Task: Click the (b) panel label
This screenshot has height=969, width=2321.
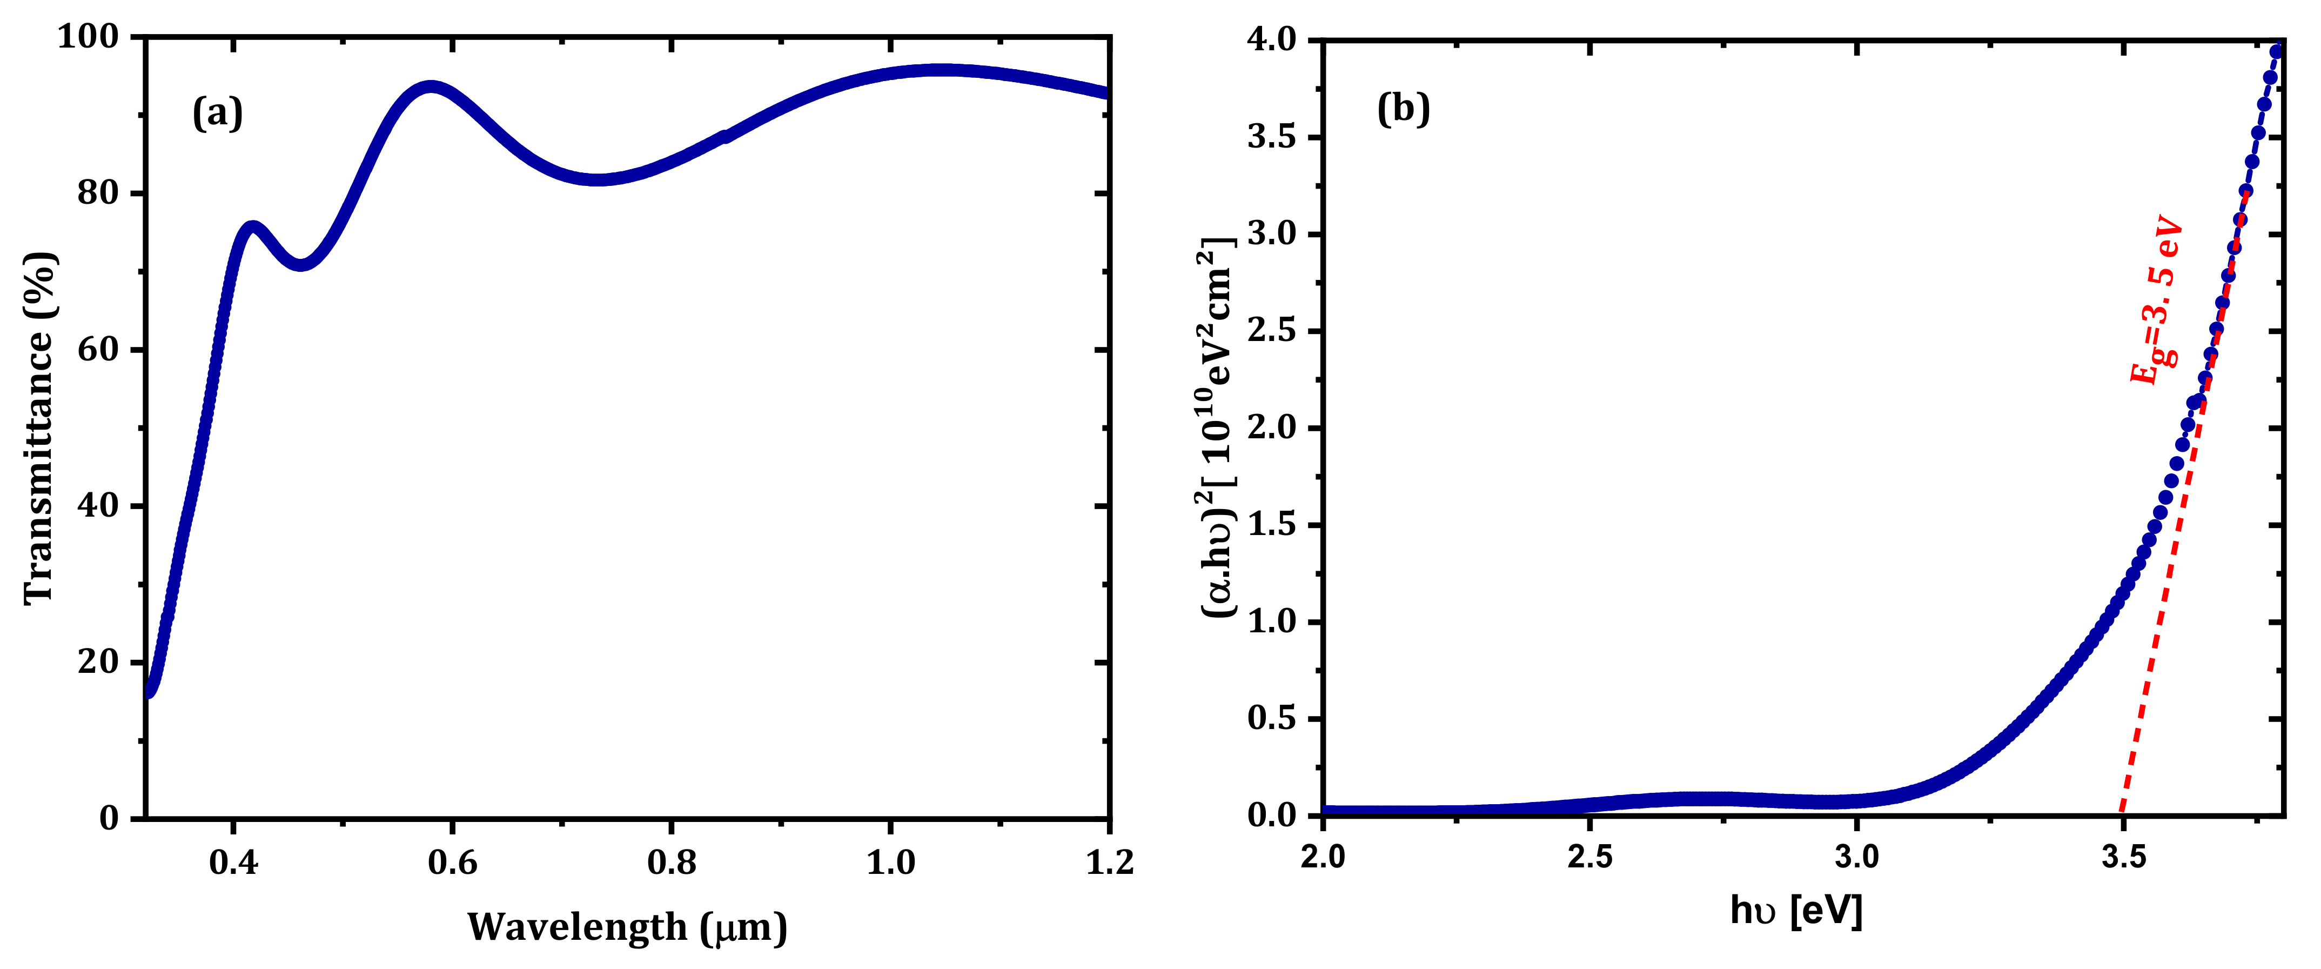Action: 1403,109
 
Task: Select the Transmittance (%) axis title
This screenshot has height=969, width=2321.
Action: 39,428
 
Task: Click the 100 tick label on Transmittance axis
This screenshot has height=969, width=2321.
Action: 88,37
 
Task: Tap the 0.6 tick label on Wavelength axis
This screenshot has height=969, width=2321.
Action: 452,863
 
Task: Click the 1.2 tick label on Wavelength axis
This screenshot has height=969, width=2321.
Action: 1109,863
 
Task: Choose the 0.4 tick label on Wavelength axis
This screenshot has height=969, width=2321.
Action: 233,863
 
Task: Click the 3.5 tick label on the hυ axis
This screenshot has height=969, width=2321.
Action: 2123,857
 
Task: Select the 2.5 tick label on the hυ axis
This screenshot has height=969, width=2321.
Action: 1589,857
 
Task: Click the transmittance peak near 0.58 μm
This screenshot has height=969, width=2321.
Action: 432,88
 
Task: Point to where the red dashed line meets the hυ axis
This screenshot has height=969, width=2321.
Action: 2122,814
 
